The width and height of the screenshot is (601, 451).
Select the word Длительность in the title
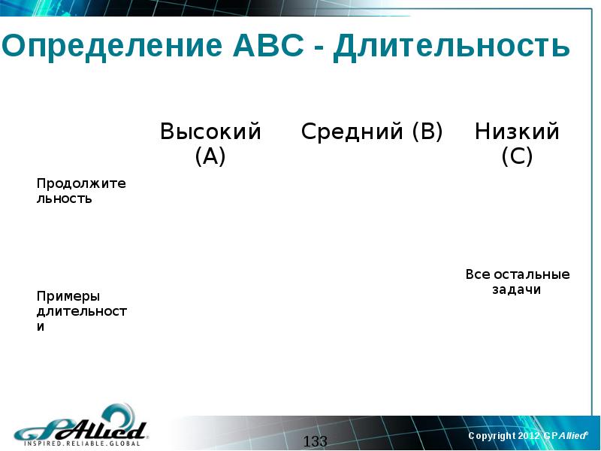coord(452,47)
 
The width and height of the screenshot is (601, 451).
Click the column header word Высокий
coord(210,132)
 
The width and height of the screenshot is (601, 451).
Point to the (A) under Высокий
coord(210,157)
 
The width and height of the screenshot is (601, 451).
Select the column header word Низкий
coord(517,132)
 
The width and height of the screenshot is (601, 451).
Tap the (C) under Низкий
coord(517,157)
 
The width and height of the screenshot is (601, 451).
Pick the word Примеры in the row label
coord(68,296)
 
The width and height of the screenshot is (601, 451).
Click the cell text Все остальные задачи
coord(517,282)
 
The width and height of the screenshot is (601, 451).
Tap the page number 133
coord(316,441)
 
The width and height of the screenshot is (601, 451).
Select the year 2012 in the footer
coord(528,436)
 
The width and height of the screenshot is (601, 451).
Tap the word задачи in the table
coord(517,290)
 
